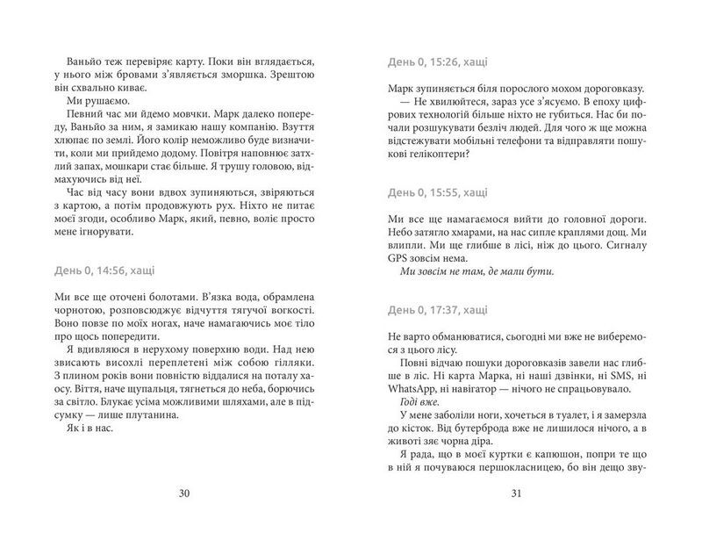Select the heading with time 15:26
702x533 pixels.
(x=439, y=62)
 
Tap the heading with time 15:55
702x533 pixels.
(x=439, y=191)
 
